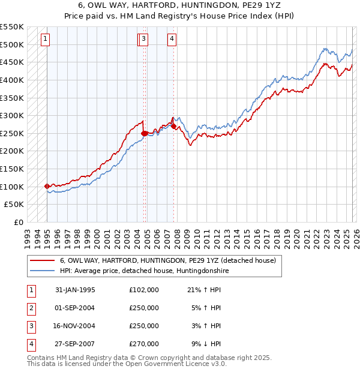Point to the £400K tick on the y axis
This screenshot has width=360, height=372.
coord(12,80)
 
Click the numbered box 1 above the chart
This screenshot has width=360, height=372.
coord(46,40)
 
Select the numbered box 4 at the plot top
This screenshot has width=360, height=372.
coord(172,40)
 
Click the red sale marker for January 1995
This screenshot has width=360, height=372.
coord(47,186)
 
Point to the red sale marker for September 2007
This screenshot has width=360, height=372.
coord(173,126)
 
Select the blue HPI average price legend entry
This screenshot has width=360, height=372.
coord(144,271)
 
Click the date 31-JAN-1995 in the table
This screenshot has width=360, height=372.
coord(75,290)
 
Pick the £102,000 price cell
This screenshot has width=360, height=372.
coord(143,290)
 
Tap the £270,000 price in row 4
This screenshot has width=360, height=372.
coord(143,344)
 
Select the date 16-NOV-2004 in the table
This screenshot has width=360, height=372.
coord(75,326)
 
